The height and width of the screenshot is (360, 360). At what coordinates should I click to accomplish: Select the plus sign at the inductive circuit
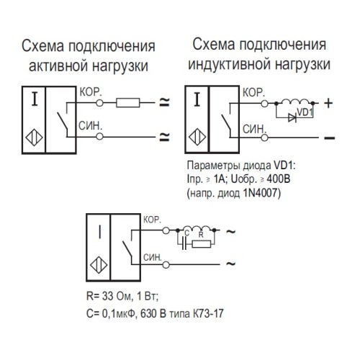pos(329,103)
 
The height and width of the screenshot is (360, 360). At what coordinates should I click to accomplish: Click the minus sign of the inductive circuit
pos(330,135)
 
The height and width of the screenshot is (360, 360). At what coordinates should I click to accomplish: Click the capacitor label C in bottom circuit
pos(185,233)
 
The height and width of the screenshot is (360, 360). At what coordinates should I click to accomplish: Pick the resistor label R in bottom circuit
pos(202,233)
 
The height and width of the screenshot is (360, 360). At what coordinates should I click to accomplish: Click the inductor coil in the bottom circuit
pos(194,228)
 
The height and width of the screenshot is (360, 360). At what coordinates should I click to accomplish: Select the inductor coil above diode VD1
pos(293,102)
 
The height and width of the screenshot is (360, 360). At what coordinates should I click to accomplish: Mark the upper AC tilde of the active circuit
pos(164,102)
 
